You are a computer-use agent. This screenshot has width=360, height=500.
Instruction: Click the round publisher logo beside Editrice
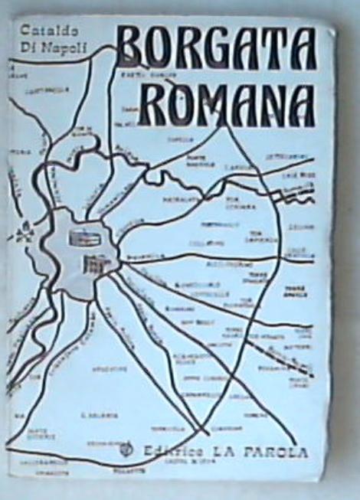[x=131, y=450]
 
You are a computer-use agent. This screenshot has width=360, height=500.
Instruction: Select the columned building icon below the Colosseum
[x=93, y=265]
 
